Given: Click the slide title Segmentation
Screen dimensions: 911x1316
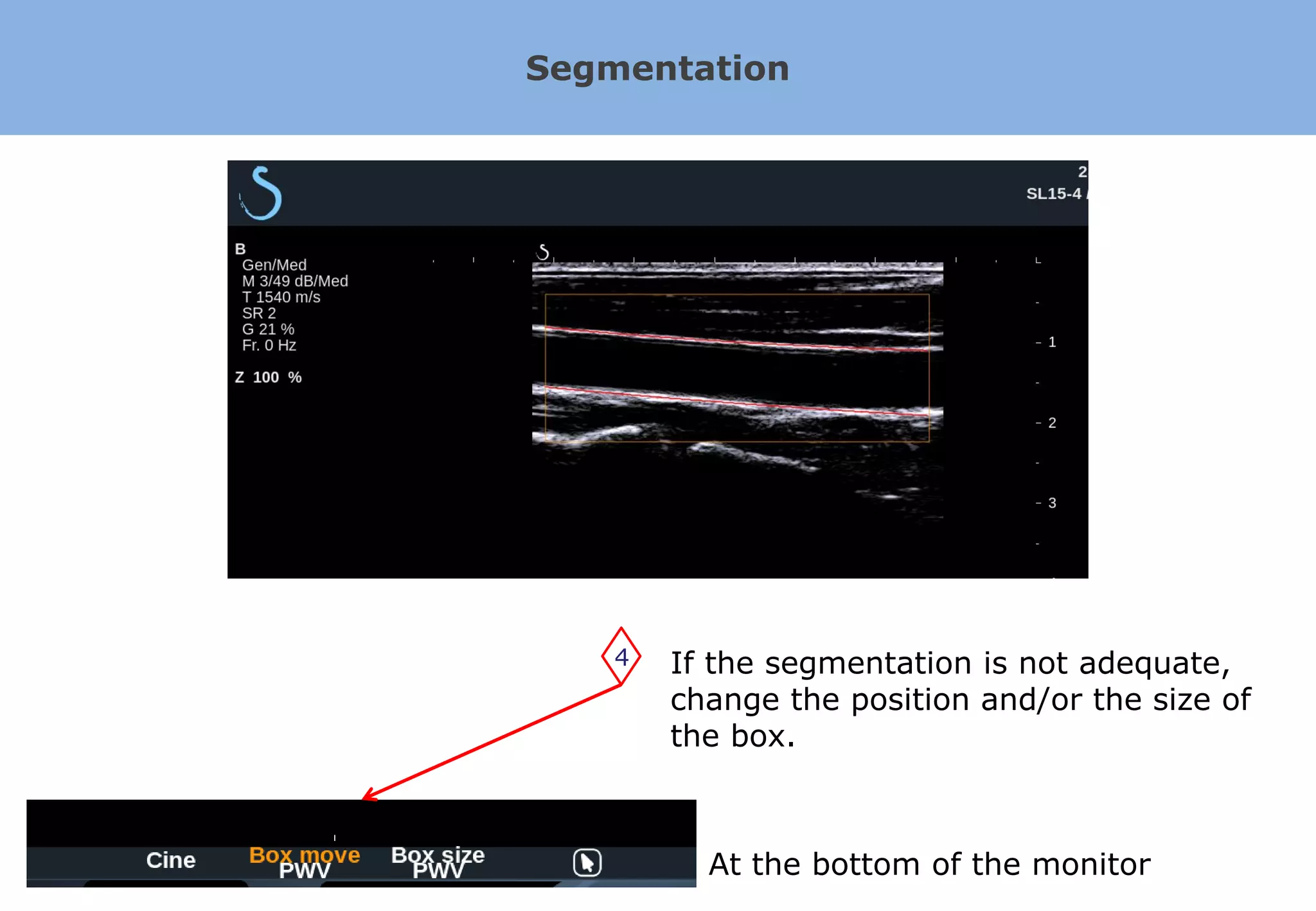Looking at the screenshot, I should tap(657, 68).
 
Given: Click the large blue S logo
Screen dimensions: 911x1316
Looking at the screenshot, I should tap(262, 193).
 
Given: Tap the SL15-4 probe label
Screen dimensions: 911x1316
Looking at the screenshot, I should tap(1054, 193).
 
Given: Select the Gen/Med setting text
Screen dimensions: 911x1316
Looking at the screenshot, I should tap(274, 265).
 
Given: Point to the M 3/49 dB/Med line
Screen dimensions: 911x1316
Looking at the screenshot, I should tap(295, 281).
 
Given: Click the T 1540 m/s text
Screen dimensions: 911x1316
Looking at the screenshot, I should tap(281, 297).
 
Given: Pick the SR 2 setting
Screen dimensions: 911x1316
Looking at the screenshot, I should tap(259, 313).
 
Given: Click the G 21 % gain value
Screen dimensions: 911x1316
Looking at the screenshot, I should tap(268, 329).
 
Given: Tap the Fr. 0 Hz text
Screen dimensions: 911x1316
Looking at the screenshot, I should tap(269, 345).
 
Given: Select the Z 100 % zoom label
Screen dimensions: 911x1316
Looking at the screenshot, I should tap(269, 377).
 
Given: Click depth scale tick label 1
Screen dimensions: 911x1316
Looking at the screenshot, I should tap(1052, 342).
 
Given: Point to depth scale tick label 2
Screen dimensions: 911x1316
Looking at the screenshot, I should tap(1052, 423).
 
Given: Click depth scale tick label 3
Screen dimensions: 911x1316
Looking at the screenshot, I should tap(1052, 503).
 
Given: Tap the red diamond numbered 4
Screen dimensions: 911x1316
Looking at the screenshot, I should tap(621, 657).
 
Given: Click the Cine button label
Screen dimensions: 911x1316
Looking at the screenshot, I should tap(171, 860).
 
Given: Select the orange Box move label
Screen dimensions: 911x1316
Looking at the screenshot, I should tap(305, 854).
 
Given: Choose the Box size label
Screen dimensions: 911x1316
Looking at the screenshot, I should tap(438, 854).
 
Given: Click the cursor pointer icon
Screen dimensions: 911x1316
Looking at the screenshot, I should tap(587, 862).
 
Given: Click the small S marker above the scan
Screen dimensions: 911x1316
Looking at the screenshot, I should tap(544, 252).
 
